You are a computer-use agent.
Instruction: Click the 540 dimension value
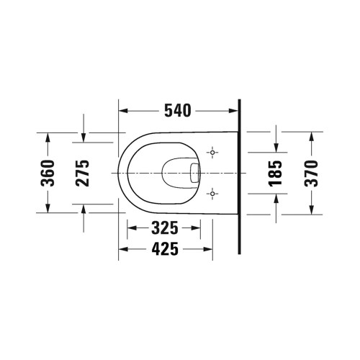[x=177, y=110]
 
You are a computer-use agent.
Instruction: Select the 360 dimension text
[x=48, y=173]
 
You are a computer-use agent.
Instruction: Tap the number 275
[x=84, y=173]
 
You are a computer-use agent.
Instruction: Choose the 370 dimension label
[x=311, y=173]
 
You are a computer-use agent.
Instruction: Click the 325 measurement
[x=165, y=230]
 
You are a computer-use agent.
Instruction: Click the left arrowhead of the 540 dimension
[x=123, y=110]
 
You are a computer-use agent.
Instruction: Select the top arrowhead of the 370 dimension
[x=311, y=135]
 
